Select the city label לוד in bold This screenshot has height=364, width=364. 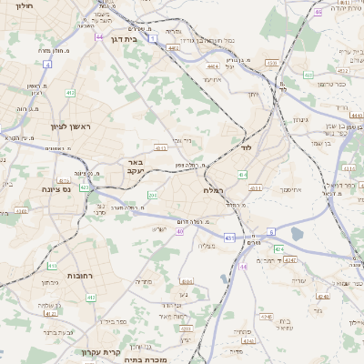pyautogui.click(x=246, y=146)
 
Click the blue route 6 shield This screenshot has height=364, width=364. pyautogui.click(x=271, y=234)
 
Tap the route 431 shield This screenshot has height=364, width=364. pyautogui.click(x=228, y=238)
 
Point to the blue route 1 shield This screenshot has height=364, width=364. pyautogui.click(x=153, y=37)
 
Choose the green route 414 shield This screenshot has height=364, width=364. pyautogui.click(x=241, y=174)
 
